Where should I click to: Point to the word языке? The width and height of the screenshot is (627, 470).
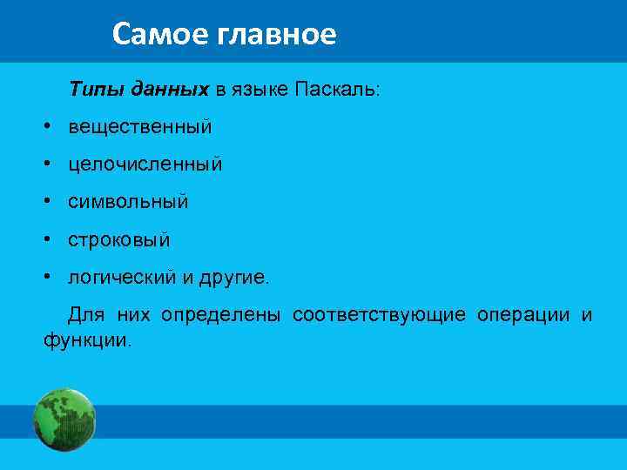(260, 91)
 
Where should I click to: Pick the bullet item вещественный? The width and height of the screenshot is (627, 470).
(140, 127)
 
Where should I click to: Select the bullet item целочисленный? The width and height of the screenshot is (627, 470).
(145, 164)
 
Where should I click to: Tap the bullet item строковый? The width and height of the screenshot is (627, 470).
(119, 239)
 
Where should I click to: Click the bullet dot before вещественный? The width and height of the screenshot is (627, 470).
(51, 127)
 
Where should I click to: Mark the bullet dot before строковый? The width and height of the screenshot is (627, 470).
(51, 239)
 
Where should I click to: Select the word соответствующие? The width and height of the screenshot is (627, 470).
(379, 314)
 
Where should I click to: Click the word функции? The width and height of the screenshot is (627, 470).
(86, 339)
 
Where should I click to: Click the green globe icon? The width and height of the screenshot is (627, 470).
(64, 420)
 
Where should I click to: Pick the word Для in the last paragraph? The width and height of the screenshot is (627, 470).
(85, 314)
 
